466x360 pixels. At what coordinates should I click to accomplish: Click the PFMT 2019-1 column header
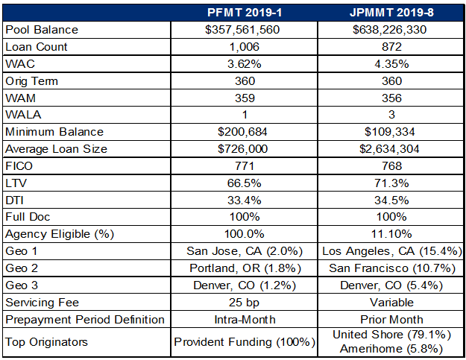(244, 13)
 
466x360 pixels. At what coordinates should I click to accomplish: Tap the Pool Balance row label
(42, 30)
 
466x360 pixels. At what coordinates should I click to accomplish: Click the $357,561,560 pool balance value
(244, 30)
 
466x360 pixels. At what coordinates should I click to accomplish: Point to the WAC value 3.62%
(244, 63)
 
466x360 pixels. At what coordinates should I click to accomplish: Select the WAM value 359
(244, 98)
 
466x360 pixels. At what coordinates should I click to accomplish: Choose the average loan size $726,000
(244, 149)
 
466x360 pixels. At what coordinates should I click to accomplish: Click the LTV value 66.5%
(244, 183)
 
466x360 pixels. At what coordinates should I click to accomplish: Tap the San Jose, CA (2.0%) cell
(244, 251)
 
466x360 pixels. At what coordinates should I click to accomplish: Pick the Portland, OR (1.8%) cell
(244, 268)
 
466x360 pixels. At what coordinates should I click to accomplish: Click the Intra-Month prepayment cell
(244, 320)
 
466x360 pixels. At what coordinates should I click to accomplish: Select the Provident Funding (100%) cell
(244, 342)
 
